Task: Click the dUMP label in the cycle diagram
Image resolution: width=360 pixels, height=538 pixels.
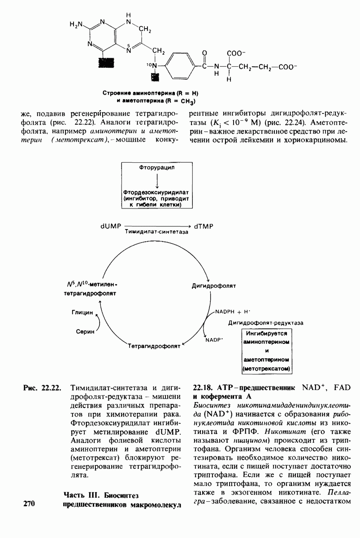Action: point(109,226)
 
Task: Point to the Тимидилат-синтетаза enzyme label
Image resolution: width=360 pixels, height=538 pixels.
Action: point(156,232)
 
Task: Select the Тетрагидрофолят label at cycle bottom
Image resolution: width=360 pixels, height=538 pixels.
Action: point(153,346)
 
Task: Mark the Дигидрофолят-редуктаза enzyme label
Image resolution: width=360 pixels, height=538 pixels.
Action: point(266,322)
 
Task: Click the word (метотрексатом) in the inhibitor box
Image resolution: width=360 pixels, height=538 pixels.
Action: point(266,369)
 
